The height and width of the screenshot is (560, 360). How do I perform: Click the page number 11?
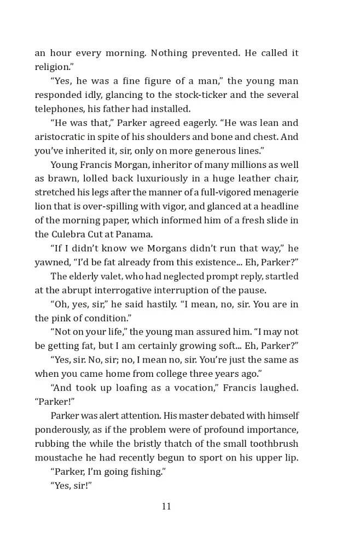tap(166, 506)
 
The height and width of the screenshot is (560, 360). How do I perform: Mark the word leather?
tap(257, 178)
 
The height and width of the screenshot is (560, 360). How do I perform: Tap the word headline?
tap(278, 206)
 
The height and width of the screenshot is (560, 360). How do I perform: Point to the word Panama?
tap(135, 234)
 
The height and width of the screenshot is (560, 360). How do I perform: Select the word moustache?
tap(57, 457)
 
